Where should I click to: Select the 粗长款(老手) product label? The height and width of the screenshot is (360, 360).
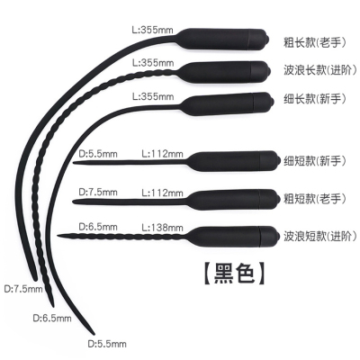tap(315, 42)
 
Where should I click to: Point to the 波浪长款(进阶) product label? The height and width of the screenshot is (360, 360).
tap(320, 70)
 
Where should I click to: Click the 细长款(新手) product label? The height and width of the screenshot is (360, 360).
tap(315, 99)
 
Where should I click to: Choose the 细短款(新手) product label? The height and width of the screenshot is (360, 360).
tap(315, 161)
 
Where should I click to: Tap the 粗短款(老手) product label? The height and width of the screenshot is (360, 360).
tap(315, 198)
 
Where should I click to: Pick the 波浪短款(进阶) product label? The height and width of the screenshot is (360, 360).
tap(320, 236)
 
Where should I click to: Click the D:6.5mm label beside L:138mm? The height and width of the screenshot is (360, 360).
tap(98, 227)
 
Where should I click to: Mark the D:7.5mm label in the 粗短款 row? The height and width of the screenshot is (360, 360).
tap(98, 192)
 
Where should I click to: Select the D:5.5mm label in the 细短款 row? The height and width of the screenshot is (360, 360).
tap(98, 154)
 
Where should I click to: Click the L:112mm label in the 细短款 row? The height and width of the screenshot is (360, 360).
tap(162, 154)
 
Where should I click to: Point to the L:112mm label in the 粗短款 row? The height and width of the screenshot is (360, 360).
tap(162, 193)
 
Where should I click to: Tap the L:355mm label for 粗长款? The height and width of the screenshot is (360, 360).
tap(153, 30)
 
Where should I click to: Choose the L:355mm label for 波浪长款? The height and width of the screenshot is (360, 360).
tap(153, 63)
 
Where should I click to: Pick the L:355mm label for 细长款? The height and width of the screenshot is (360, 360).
tap(153, 96)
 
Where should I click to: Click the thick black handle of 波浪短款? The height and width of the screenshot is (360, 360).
tap(235, 236)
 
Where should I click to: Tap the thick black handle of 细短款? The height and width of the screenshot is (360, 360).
tap(235, 161)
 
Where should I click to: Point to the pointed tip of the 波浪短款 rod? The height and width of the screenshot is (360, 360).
tap(58, 235)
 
